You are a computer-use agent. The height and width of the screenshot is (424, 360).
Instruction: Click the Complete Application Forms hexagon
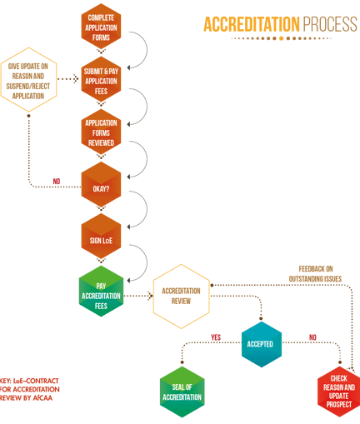[x=101, y=27]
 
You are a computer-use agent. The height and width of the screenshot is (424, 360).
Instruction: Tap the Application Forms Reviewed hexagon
[x=101, y=132]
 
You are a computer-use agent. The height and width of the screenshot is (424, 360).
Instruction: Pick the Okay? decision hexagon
[x=101, y=184]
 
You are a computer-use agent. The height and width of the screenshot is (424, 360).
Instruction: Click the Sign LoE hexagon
[x=101, y=236]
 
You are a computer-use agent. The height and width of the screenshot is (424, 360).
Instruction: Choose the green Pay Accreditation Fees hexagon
[x=101, y=291]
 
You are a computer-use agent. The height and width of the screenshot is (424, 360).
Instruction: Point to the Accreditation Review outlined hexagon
[x=181, y=297]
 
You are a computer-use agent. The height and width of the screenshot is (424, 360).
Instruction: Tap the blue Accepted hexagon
[x=262, y=344]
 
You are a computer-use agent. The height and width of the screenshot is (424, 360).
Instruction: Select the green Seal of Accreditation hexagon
[x=182, y=392]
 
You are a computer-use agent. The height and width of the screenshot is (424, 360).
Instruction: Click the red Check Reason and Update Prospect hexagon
[x=339, y=392]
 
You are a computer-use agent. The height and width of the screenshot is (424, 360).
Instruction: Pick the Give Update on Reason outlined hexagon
[x=28, y=80]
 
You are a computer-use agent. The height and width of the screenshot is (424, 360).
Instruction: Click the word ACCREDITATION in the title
[x=252, y=24]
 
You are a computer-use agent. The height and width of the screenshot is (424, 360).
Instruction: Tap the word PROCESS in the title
[x=330, y=24]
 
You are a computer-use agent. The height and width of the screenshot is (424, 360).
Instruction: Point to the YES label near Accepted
[x=216, y=337]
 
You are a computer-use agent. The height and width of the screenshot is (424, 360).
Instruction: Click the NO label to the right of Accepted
[x=312, y=337]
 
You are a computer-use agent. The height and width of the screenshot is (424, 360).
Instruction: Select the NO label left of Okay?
[x=57, y=182]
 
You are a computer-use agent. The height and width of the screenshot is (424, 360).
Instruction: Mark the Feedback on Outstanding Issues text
[x=315, y=274]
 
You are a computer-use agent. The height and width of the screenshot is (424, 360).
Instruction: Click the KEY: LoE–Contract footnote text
[x=29, y=389]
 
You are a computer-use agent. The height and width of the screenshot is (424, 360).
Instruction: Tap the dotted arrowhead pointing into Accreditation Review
[x=150, y=296]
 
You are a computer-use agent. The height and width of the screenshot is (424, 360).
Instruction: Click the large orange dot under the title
[x=281, y=38]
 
